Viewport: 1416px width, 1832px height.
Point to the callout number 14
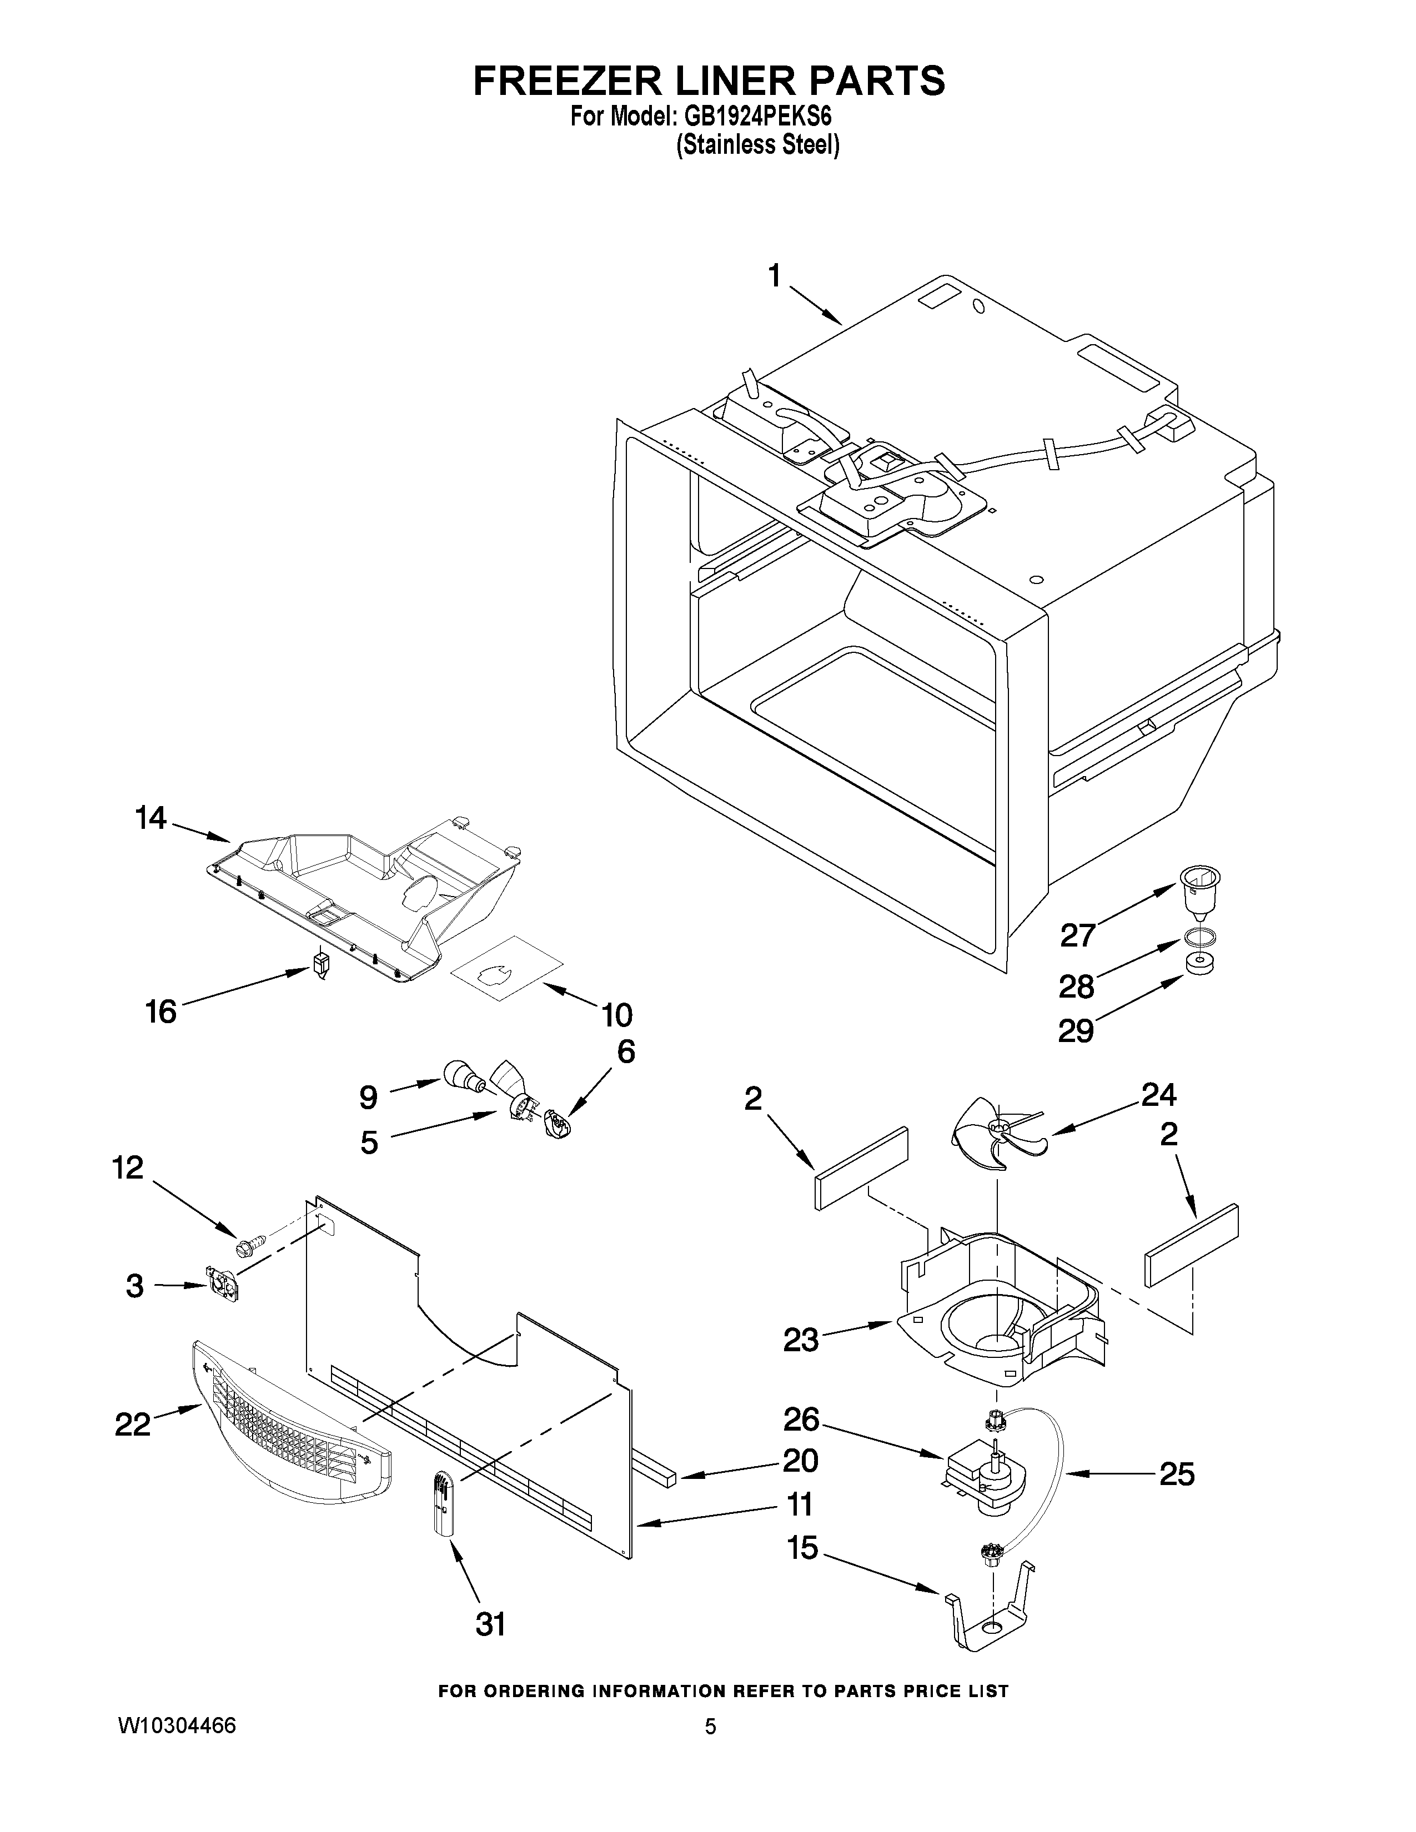(151, 818)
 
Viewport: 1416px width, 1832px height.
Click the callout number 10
(616, 1015)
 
